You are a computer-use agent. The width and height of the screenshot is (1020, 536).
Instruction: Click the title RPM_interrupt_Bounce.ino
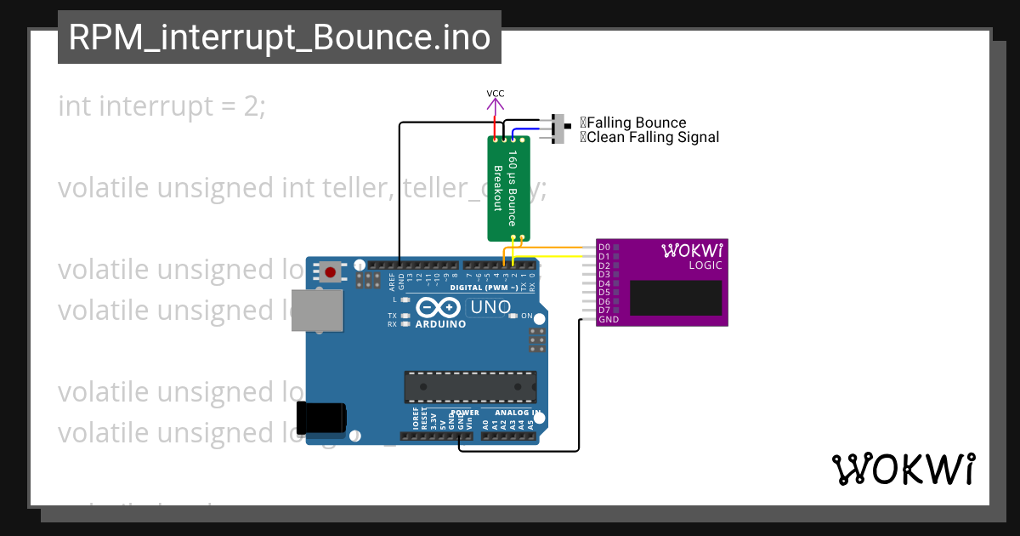click(279, 38)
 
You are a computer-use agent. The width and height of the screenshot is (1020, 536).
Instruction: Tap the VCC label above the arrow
click(495, 93)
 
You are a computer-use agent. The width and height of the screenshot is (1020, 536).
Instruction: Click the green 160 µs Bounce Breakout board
click(508, 188)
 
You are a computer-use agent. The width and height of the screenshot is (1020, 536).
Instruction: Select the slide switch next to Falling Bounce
click(560, 128)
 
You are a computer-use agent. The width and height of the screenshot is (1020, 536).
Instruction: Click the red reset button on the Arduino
click(330, 272)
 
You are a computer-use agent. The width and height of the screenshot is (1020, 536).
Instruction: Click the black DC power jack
click(320, 418)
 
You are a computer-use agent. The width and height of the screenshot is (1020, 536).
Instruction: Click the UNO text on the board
click(490, 307)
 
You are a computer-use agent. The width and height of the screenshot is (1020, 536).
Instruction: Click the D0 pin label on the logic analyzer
click(603, 247)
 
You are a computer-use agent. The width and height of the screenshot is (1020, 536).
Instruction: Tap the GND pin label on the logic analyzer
click(608, 320)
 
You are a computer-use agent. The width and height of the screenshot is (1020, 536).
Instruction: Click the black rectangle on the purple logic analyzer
click(676, 298)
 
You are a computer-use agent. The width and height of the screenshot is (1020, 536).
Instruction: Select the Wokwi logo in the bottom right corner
click(903, 469)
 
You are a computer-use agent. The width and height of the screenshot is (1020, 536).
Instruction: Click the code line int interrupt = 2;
click(161, 106)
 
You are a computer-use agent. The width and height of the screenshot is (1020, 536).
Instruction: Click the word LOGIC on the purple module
click(705, 265)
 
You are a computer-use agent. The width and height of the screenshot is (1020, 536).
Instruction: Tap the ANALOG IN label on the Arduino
click(513, 413)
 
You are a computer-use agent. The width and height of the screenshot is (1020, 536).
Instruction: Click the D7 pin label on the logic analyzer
click(603, 311)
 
